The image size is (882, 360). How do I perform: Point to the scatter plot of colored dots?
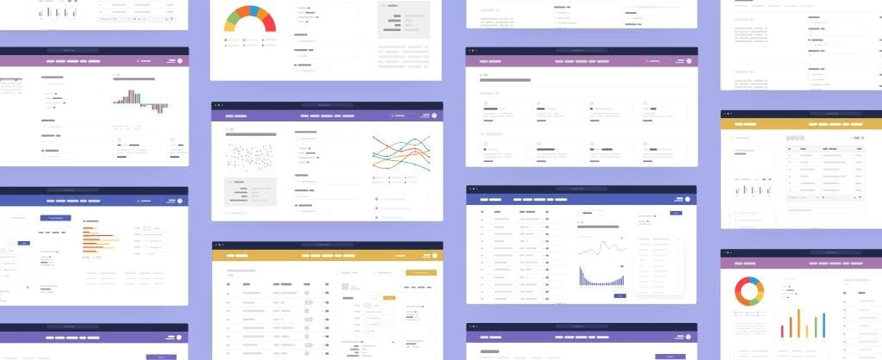(x=250, y=157)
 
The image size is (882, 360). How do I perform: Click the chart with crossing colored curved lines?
(x=401, y=155)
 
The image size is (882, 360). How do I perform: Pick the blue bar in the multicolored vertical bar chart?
(x=823, y=324)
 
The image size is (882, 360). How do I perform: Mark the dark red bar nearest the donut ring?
(x=782, y=330)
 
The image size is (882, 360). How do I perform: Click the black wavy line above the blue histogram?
(x=600, y=250)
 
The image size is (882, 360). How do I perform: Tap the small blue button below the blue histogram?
(x=620, y=295)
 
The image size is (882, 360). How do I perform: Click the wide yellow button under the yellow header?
(x=420, y=272)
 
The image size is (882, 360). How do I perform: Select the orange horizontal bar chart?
(x=97, y=237)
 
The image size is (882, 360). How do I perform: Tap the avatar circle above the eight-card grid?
(x=688, y=61)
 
